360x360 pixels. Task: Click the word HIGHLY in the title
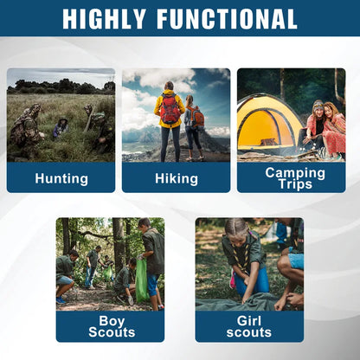point(111,18)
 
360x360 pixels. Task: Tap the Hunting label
point(61,179)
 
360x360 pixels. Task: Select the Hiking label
point(176,179)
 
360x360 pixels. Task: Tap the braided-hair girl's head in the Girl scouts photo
point(237,230)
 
